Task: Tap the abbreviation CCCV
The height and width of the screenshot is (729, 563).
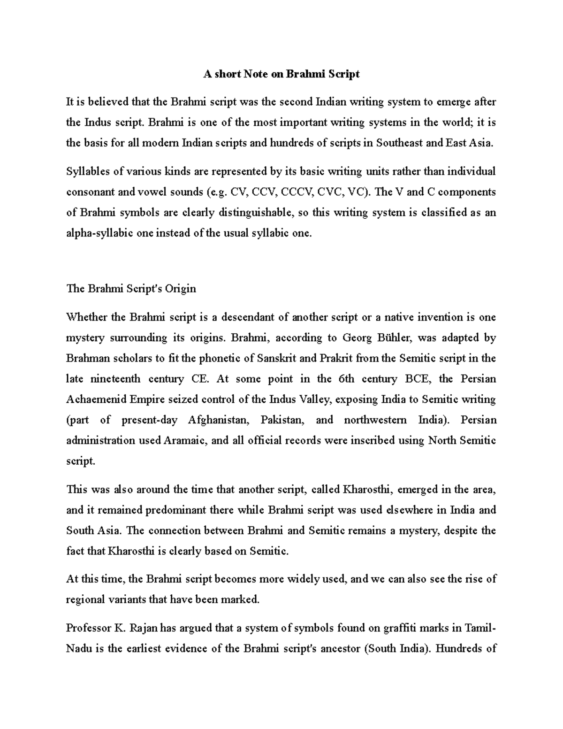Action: click(297, 192)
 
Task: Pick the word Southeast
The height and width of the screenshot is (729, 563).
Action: click(399, 143)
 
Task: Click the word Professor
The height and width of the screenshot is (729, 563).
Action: click(87, 628)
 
